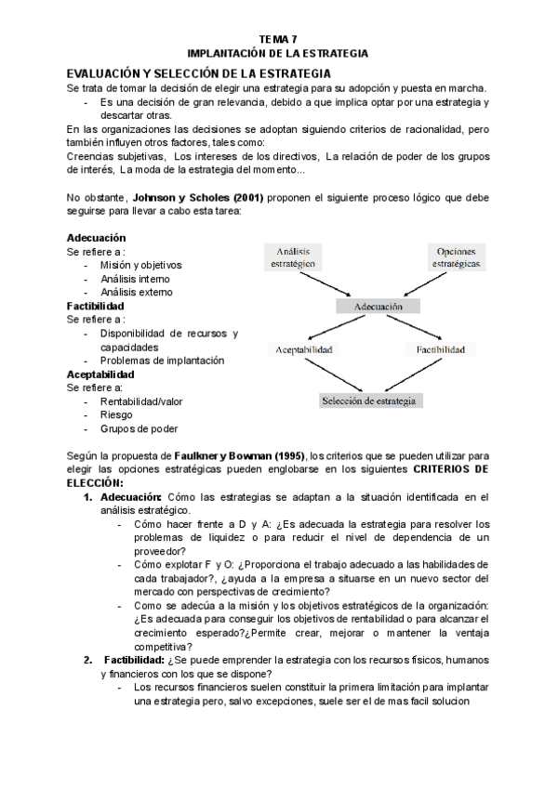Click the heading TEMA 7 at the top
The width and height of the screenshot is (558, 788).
(x=278, y=38)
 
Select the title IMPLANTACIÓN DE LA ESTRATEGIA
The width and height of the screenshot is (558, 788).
(x=278, y=53)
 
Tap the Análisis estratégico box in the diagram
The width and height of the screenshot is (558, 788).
(x=293, y=257)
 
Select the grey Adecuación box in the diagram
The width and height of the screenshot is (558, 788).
(x=378, y=305)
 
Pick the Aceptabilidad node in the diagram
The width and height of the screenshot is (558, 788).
(x=303, y=349)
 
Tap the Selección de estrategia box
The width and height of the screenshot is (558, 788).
(x=371, y=401)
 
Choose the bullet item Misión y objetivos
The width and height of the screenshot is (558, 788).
(x=140, y=265)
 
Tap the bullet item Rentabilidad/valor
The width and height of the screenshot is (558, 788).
(x=142, y=401)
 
